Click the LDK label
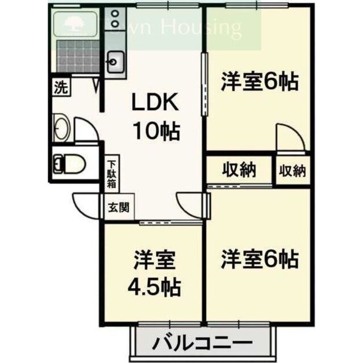156,104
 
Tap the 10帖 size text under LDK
156,132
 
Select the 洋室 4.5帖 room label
152,273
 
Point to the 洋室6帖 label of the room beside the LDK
259,82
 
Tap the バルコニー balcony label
202,344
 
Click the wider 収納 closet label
238,169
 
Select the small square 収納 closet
292,170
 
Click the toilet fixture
68,164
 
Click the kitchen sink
116,60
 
